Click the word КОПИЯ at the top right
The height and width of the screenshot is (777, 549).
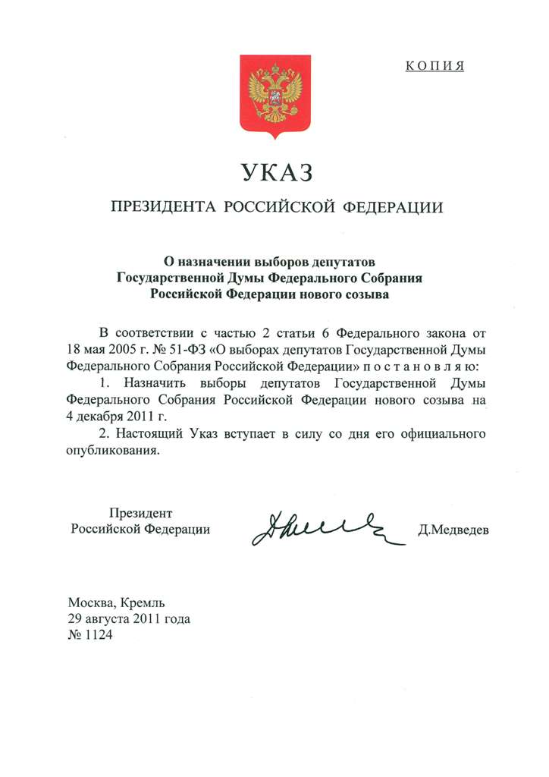pyautogui.click(x=434, y=66)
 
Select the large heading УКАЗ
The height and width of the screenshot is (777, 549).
pyautogui.click(x=277, y=173)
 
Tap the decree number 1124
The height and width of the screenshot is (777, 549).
pyautogui.click(x=96, y=635)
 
